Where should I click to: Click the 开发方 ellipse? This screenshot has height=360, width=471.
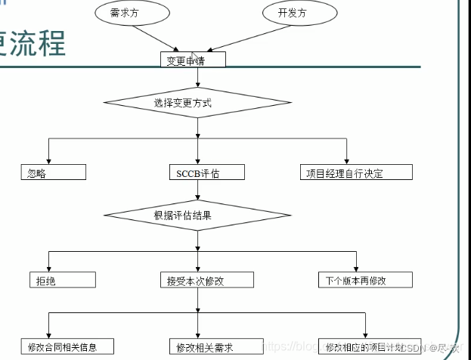tap(293, 13)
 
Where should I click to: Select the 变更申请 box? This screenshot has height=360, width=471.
tap(192, 60)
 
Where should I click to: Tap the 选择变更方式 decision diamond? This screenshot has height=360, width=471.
tap(197, 102)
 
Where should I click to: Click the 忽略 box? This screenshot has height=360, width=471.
tap(52, 172)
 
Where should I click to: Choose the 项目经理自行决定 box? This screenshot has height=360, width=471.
tap(355, 172)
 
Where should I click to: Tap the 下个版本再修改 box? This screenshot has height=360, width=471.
tap(364, 280)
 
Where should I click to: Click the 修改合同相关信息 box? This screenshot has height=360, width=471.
tap(69, 347)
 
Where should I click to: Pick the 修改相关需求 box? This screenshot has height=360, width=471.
tap(215, 347)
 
